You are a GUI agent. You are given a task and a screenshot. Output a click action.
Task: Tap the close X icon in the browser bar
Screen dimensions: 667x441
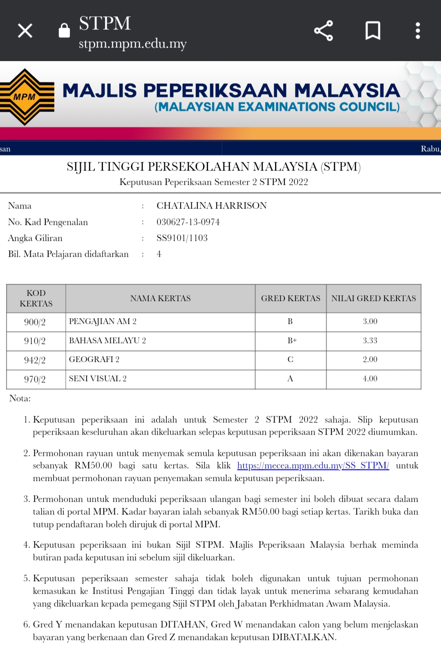click(x=25, y=31)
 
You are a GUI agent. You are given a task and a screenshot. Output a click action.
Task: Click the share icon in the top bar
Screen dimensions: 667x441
click(x=323, y=31)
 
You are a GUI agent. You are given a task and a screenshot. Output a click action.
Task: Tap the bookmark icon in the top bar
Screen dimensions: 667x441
click(x=372, y=31)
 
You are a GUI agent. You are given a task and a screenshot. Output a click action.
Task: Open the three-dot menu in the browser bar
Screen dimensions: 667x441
click(x=417, y=31)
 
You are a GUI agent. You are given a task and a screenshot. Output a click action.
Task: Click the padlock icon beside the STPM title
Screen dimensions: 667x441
click(x=64, y=30)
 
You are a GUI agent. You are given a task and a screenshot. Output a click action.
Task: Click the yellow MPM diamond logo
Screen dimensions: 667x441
click(x=25, y=97)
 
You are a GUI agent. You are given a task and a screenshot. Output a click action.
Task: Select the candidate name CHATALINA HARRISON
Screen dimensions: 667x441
click(x=211, y=206)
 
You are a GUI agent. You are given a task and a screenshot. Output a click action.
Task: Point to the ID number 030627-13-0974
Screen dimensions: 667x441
click(x=188, y=222)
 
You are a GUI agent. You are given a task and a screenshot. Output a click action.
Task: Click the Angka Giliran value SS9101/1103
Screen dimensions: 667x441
click(x=182, y=238)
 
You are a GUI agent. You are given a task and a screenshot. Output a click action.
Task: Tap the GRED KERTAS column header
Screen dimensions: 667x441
click(x=291, y=299)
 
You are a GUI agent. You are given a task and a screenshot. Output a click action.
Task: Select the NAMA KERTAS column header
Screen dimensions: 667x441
click(x=160, y=299)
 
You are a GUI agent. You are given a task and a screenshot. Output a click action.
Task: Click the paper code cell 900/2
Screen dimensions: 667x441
click(x=35, y=322)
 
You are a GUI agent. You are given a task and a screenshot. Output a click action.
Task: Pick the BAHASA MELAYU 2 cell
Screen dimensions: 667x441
click(x=107, y=341)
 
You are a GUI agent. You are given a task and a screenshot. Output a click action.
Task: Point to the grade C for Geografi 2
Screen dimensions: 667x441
click(x=290, y=359)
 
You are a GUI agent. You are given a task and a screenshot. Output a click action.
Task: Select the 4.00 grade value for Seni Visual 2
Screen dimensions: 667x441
click(x=370, y=379)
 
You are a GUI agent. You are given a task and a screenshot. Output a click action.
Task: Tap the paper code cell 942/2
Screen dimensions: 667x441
click(x=35, y=360)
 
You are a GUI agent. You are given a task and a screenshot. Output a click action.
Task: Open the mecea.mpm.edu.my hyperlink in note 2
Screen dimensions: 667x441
click(x=313, y=465)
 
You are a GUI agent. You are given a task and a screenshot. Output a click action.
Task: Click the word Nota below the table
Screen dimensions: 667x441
click(x=20, y=398)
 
